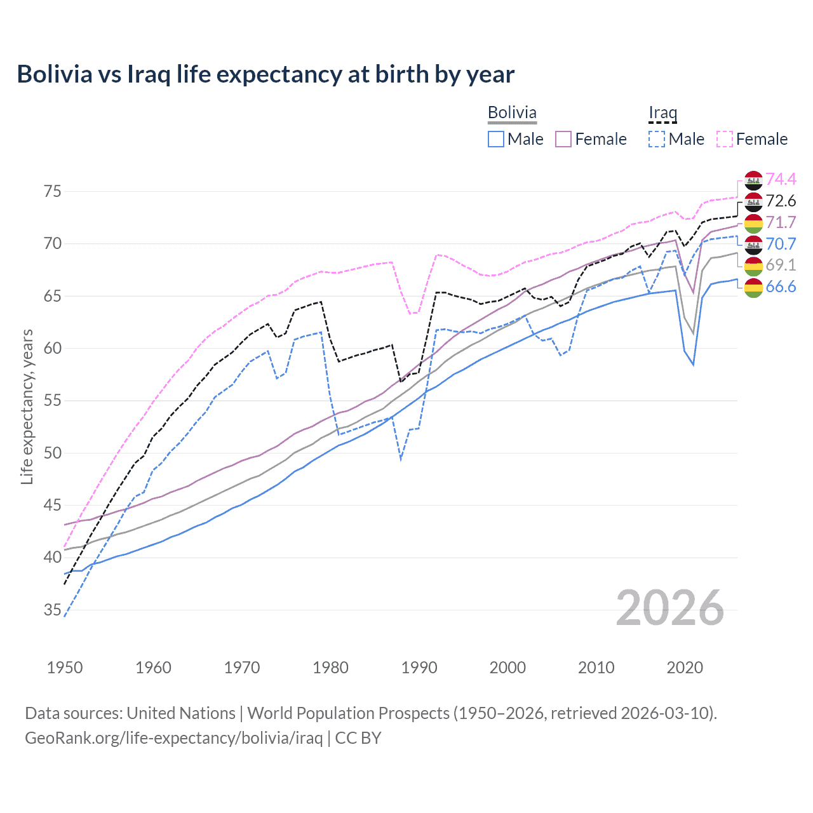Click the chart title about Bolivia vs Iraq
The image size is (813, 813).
[265, 74]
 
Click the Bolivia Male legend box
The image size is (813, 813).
[496, 139]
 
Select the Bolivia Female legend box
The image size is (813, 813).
[564, 139]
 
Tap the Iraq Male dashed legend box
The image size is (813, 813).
[657, 139]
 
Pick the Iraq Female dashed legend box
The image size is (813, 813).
[725, 139]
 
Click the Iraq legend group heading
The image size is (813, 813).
[662, 113]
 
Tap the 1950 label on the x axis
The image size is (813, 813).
[65, 668]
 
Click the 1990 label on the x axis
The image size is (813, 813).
[419, 668]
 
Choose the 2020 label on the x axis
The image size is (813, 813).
[685, 668]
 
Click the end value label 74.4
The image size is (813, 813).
[781, 180]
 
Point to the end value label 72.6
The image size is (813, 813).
[781, 201]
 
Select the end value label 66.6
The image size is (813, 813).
[781, 286]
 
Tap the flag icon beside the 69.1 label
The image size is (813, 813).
[753, 265]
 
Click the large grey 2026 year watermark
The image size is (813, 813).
[670, 608]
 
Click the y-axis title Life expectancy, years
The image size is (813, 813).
[27, 406]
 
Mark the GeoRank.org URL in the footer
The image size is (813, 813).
[173, 738]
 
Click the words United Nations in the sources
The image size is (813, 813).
[181, 713]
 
